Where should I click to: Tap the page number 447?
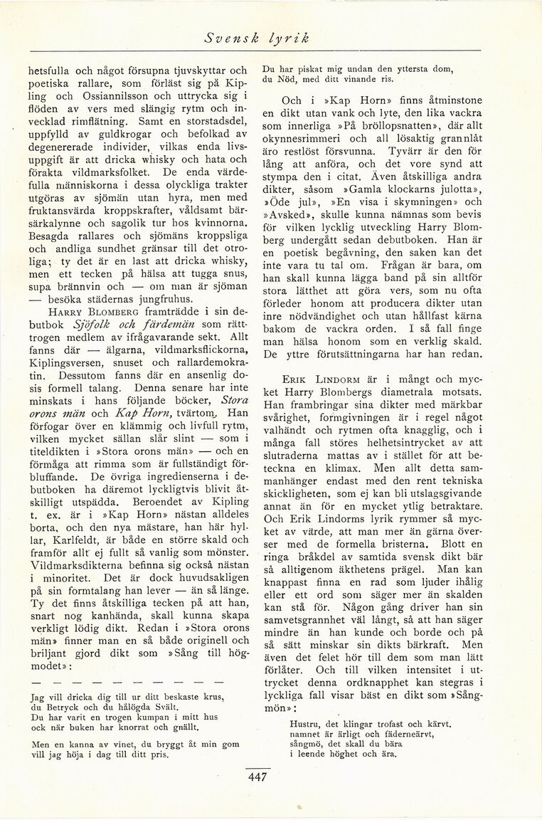(257, 777)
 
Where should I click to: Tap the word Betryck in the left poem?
(61, 708)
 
